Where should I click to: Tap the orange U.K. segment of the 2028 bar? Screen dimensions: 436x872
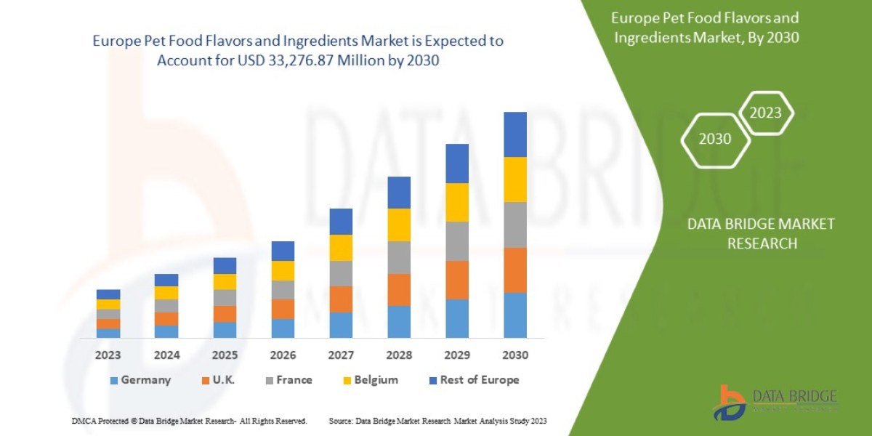click(x=399, y=289)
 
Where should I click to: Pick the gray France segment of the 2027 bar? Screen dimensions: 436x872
click(x=341, y=273)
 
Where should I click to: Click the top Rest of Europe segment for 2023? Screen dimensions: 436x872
click(x=108, y=294)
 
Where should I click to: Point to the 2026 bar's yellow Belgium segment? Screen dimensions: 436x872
click(x=283, y=270)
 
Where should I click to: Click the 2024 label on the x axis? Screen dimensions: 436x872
click(x=166, y=355)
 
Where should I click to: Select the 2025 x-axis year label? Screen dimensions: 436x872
click(x=225, y=355)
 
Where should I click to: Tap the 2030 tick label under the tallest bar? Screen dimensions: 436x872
click(x=515, y=355)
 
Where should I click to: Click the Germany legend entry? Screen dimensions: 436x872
click(x=141, y=380)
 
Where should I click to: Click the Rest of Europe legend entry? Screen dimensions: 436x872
click(x=475, y=380)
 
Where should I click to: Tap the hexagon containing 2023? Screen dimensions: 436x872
click(x=765, y=113)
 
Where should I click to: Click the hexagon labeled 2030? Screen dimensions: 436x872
click(x=715, y=139)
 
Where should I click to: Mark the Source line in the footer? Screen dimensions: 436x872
click(x=437, y=421)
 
